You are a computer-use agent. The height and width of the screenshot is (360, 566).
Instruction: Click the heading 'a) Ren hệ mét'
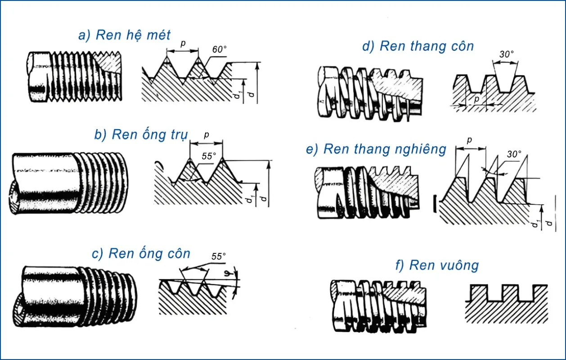125,35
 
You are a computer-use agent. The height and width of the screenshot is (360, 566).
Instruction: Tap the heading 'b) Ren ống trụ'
140,135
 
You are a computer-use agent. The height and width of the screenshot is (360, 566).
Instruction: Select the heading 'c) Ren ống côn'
141,253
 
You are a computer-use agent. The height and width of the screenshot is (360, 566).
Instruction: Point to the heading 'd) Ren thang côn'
418,46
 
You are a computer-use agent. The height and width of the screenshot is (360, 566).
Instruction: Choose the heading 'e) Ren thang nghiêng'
376,149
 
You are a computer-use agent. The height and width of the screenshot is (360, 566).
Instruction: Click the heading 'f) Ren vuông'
437,265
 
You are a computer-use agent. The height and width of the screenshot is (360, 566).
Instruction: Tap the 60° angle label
219,49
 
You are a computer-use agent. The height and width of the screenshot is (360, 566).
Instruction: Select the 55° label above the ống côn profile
218,256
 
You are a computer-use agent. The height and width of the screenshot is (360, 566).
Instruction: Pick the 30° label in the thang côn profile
506,54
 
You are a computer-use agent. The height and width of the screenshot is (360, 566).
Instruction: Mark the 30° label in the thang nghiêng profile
514,154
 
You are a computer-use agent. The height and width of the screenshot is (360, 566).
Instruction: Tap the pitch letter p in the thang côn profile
475,98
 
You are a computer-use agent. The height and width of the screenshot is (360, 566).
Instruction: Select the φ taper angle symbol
234,274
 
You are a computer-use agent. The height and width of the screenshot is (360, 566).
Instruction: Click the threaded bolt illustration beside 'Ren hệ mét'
74,76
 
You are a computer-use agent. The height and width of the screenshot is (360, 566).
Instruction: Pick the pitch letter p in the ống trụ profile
207,135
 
